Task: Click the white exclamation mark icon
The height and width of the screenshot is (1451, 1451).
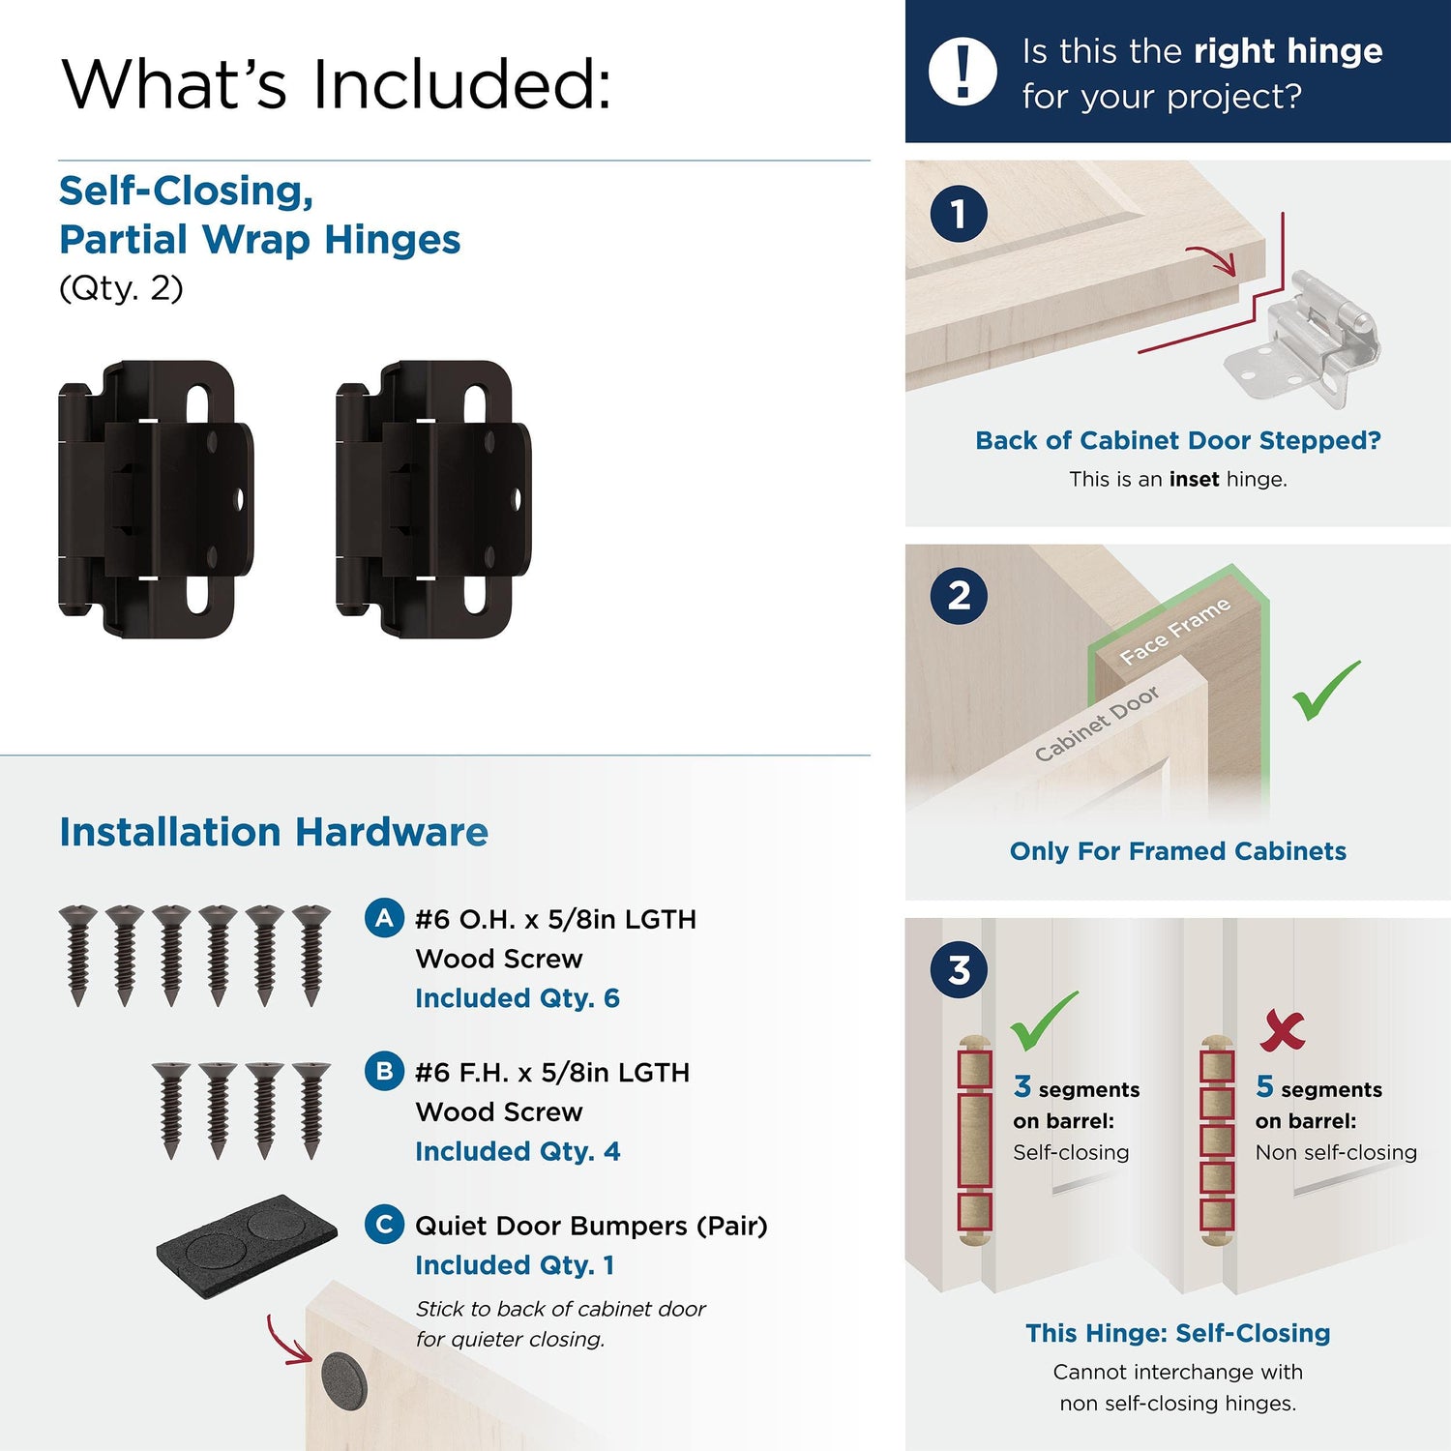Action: (x=962, y=72)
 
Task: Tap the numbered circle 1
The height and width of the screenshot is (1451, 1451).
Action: (x=959, y=214)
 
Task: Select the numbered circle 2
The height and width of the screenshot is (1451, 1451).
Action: (x=959, y=596)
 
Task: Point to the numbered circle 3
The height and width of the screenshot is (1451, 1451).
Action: (x=959, y=969)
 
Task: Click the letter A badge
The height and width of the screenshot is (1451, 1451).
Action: (x=384, y=918)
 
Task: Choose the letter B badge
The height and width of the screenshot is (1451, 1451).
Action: (x=384, y=1071)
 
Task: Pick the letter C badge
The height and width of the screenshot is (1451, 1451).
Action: (x=384, y=1225)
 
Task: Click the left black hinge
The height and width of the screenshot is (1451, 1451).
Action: (x=157, y=499)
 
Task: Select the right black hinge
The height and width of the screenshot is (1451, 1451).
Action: (x=433, y=499)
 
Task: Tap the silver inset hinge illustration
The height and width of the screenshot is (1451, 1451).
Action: (x=1302, y=339)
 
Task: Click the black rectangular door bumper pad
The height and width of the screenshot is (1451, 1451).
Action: (x=247, y=1246)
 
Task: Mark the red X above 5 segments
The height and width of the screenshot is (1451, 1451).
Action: (x=1283, y=1030)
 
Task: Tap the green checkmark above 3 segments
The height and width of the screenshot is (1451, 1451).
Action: (x=1043, y=1021)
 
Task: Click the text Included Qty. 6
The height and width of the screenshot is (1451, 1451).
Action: (x=518, y=998)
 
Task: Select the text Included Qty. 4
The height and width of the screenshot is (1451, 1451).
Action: (x=518, y=1151)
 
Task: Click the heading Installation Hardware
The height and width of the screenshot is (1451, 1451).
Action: (x=274, y=832)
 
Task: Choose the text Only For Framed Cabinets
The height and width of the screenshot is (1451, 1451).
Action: (x=1178, y=851)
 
